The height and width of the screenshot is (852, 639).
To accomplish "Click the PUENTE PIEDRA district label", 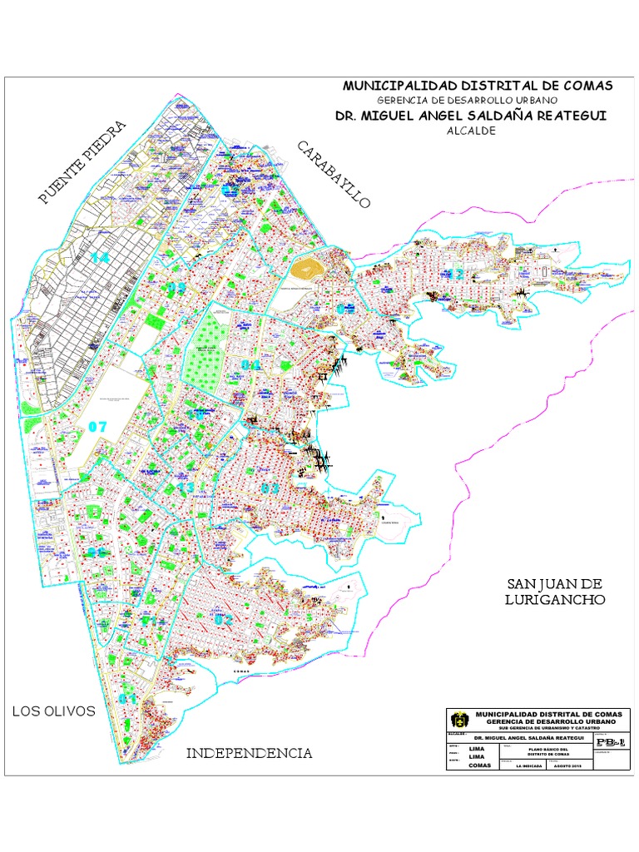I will coord(82,163).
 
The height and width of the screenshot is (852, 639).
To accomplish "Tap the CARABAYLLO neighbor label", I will coord(332,176).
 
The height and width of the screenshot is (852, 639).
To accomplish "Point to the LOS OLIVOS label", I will coord(53,711).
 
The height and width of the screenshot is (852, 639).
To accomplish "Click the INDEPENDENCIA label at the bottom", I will coord(249,753).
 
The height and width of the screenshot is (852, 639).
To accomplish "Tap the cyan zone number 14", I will coord(102,258).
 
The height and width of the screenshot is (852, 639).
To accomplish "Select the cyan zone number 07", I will coord(97,427).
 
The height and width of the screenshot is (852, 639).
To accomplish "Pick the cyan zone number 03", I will coord(268,488).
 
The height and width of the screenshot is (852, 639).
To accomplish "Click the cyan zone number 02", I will coord(223,619).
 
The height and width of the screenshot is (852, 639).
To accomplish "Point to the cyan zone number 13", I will coord(186,488).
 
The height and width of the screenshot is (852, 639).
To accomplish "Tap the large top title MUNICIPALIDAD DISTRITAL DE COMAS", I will coord(478,87).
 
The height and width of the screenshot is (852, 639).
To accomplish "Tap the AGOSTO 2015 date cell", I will coord(567,765).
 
